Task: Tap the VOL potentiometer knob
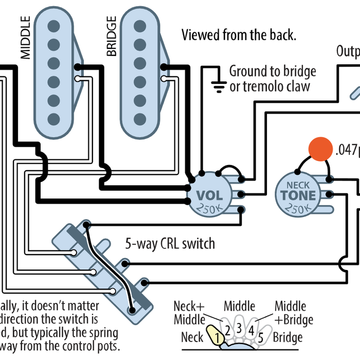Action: (209, 196)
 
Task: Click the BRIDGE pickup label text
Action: (112, 35)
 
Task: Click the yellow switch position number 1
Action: (218, 337)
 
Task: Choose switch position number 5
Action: (261, 337)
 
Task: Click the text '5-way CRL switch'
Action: (170, 243)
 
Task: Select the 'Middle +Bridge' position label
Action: (294, 313)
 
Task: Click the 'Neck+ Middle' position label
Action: (189, 313)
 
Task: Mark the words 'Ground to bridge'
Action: (272, 71)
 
